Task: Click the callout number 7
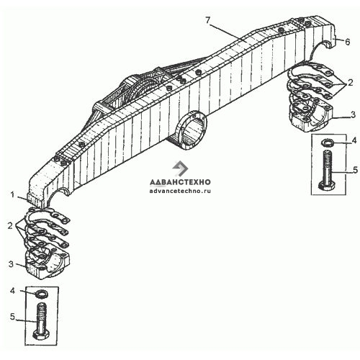click(208, 20)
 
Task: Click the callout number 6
click(347, 42)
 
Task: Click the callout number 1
click(13, 194)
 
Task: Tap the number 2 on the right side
click(351, 83)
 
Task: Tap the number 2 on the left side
click(10, 225)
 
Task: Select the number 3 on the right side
click(353, 114)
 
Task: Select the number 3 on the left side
click(11, 264)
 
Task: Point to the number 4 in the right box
click(354, 140)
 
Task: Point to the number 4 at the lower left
click(12, 291)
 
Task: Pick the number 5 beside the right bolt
click(355, 170)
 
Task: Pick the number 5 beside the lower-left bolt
click(12, 317)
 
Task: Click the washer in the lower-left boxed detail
click(41, 294)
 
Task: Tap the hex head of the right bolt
click(328, 186)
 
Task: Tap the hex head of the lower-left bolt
click(41, 335)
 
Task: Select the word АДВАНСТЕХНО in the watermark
click(180, 182)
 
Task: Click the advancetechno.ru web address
click(180, 192)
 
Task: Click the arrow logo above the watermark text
click(180, 168)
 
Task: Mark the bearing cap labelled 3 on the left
click(47, 264)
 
